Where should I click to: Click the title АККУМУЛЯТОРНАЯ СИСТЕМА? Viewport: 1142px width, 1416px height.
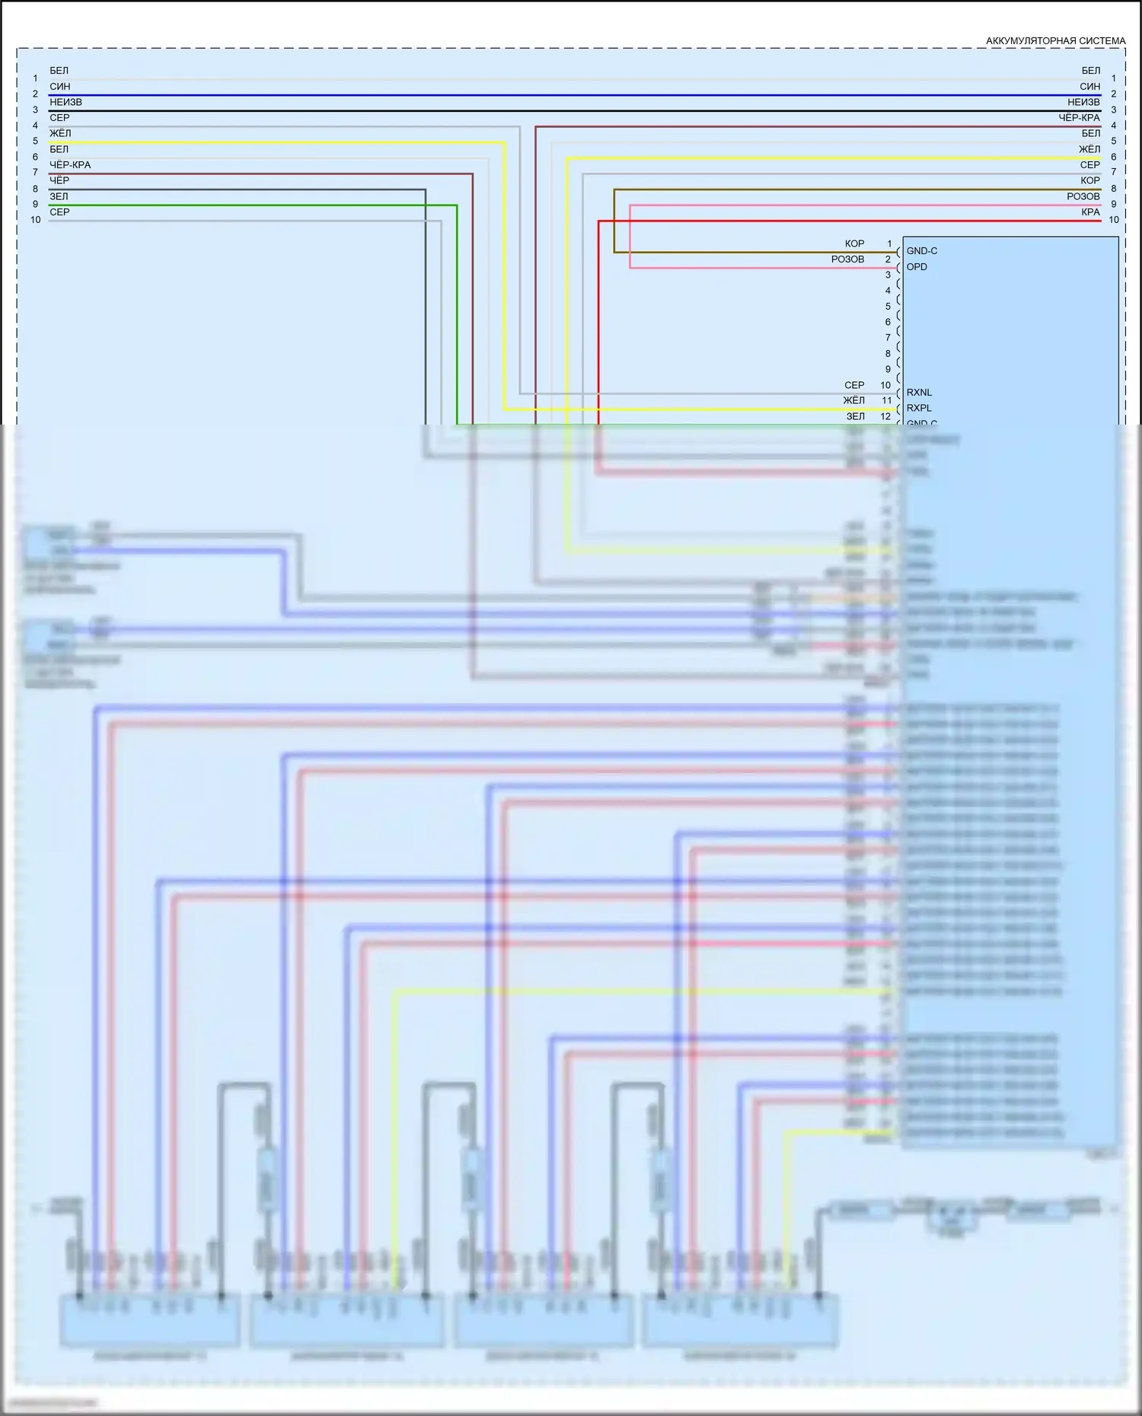tap(1055, 40)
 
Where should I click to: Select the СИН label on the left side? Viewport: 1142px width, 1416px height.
tap(59, 87)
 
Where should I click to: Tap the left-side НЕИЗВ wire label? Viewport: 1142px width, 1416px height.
tap(65, 102)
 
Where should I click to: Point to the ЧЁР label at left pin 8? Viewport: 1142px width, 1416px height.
tap(59, 180)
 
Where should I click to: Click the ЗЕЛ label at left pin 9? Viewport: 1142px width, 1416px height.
tap(59, 196)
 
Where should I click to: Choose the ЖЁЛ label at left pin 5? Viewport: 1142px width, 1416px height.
tap(60, 133)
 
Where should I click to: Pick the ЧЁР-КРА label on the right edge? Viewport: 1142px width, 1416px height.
tap(1079, 118)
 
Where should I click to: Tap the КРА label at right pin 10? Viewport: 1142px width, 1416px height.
tap(1090, 212)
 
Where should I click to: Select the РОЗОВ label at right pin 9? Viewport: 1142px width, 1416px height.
tap(1083, 196)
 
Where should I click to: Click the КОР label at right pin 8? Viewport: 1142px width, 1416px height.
tap(1089, 180)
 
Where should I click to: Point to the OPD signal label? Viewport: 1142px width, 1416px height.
tap(917, 266)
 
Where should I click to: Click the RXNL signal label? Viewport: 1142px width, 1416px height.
tap(919, 393)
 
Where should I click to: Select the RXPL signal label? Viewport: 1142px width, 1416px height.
tap(919, 408)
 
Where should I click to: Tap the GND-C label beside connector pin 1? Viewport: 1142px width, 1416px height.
tap(921, 251)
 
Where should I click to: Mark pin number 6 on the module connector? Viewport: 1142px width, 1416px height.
tap(888, 322)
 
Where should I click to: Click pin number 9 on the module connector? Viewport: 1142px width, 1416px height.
tap(888, 369)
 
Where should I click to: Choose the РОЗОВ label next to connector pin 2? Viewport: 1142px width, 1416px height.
tap(847, 259)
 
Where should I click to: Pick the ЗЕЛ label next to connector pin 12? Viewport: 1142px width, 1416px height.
tap(855, 416)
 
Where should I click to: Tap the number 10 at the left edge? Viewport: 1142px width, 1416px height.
tap(36, 220)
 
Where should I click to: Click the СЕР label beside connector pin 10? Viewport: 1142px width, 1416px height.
tap(854, 385)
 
